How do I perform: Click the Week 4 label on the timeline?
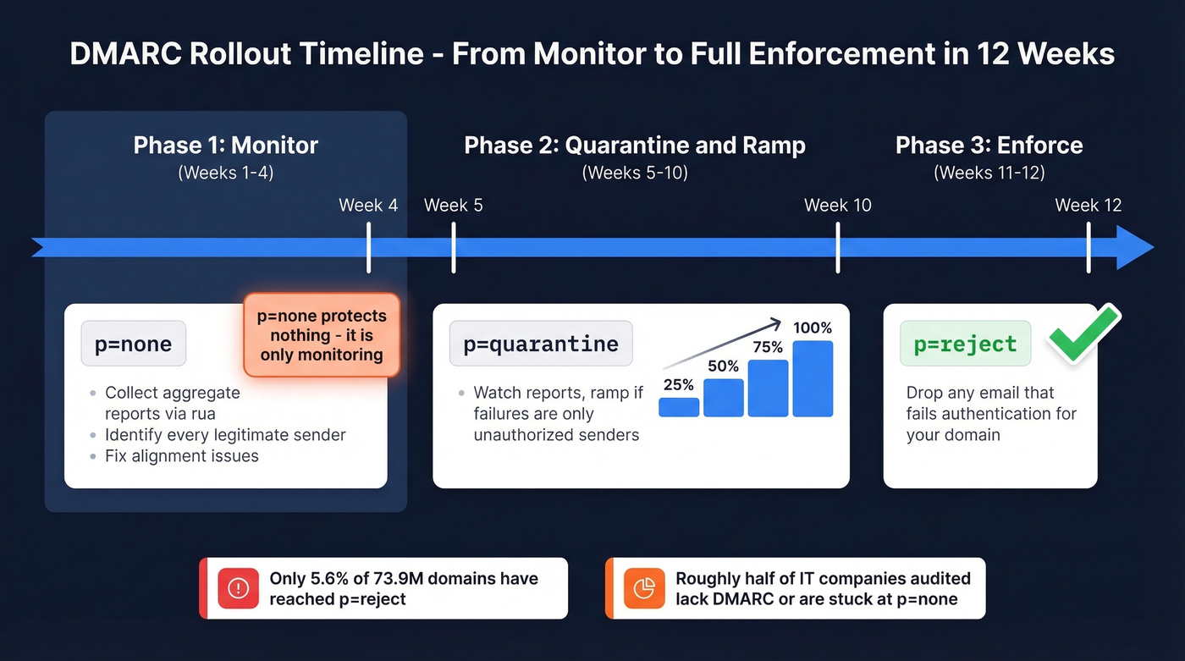[x=368, y=205]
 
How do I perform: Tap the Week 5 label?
[x=454, y=205]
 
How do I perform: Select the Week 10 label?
[x=837, y=205]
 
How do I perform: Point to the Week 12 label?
[x=1088, y=205]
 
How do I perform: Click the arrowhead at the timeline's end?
[x=1134, y=248]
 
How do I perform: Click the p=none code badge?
[x=134, y=344]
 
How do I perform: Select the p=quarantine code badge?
[x=541, y=344]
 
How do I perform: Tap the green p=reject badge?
[x=965, y=344]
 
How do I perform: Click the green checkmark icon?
[x=1083, y=334]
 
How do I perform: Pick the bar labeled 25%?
[x=679, y=407]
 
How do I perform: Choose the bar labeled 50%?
[x=724, y=398]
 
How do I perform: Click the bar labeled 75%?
[x=769, y=388]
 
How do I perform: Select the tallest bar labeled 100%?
[x=813, y=378]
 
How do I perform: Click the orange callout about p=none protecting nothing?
[x=322, y=335]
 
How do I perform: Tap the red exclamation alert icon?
[x=238, y=588]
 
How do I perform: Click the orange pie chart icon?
[x=644, y=588]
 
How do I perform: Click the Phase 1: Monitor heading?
[x=225, y=145]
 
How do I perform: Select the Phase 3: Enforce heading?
[x=989, y=145]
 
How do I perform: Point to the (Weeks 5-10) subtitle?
[x=635, y=173]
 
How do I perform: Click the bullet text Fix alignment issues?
[x=182, y=456]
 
